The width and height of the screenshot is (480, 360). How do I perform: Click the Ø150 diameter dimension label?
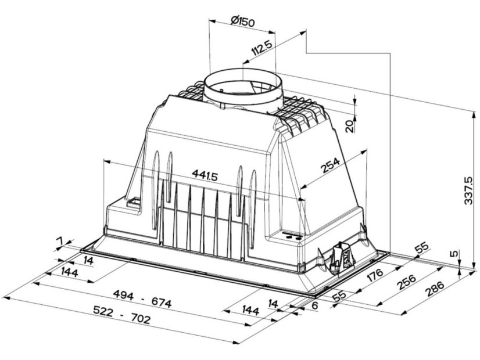click(x=243, y=21)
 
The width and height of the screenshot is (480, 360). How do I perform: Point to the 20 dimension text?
click(x=349, y=125)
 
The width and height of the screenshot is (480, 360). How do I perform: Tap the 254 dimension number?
click(x=330, y=165)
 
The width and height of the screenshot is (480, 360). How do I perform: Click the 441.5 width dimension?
click(x=205, y=175)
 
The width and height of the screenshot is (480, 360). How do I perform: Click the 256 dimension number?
click(x=407, y=282)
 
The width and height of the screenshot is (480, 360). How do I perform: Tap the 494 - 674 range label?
click(x=142, y=298)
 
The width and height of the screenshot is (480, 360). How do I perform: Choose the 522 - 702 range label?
click(x=122, y=315)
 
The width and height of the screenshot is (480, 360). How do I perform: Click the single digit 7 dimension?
click(x=60, y=242)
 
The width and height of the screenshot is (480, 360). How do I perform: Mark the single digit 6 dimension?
click(x=316, y=305)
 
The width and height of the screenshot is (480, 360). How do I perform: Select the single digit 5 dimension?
click(x=455, y=254)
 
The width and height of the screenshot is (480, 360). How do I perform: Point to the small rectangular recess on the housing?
click(x=134, y=203)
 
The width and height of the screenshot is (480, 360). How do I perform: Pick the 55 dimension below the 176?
click(x=339, y=296)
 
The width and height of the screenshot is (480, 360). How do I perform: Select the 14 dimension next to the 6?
click(x=273, y=304)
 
